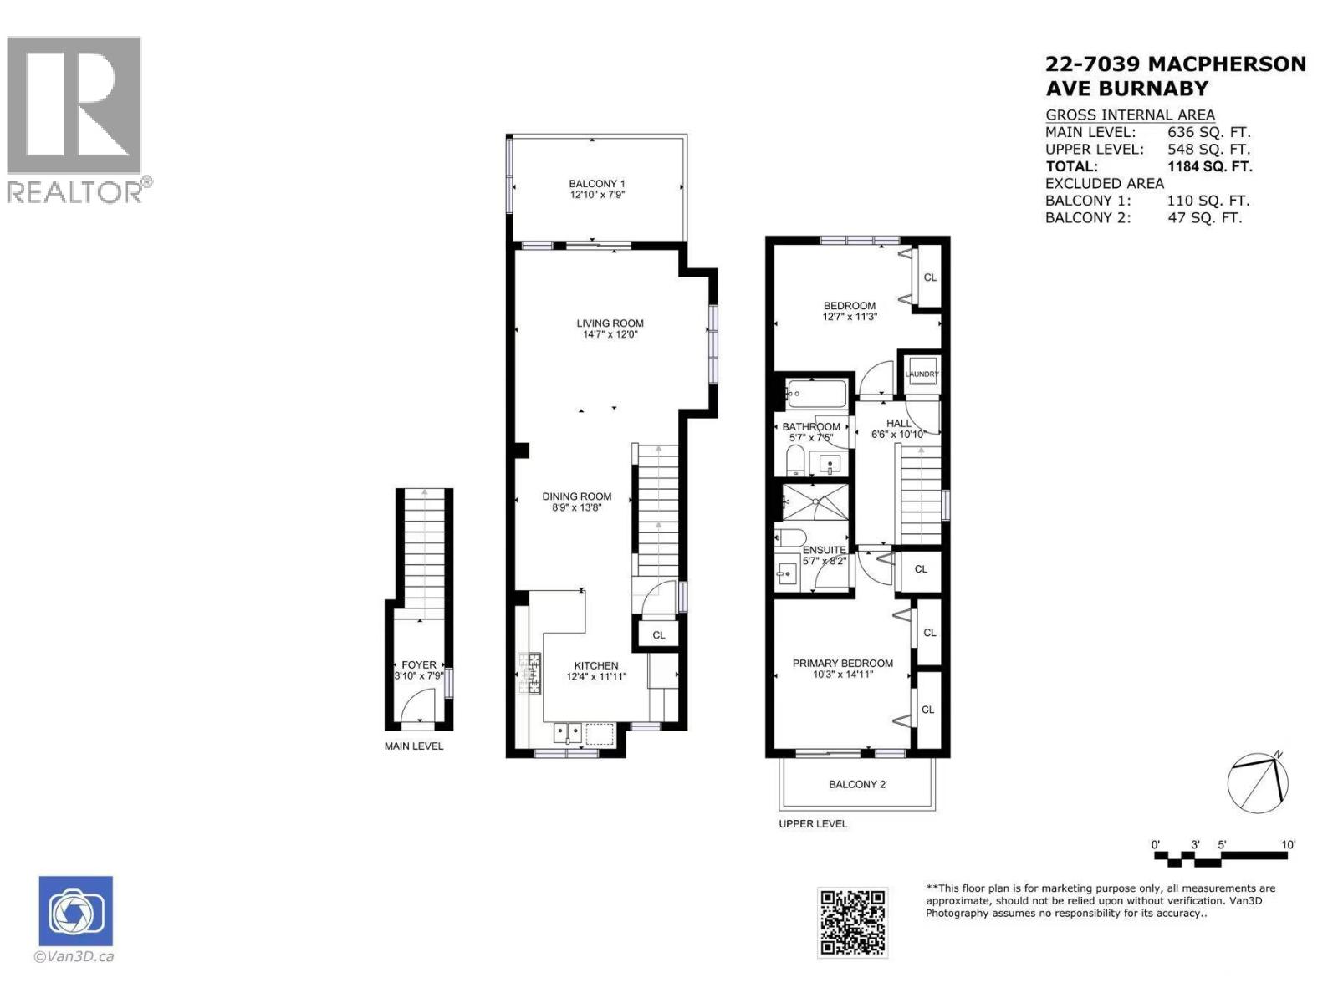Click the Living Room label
[610, 323]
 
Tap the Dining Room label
[576, 496]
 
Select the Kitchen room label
[595, 666]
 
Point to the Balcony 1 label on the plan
[596, 184]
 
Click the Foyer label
[418, 665]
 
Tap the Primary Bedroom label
[842, 664]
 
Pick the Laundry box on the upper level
[922, 374]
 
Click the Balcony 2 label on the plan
[856, 784]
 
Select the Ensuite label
[824, 550]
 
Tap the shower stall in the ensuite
[810, 504]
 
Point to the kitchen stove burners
[529, 673]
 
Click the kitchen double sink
[568, 733]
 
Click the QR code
[851, 922]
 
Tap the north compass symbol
[1258, 782]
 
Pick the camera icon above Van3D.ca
[75, 912]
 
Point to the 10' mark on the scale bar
[1288, 845]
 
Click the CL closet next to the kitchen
[659, 634]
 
